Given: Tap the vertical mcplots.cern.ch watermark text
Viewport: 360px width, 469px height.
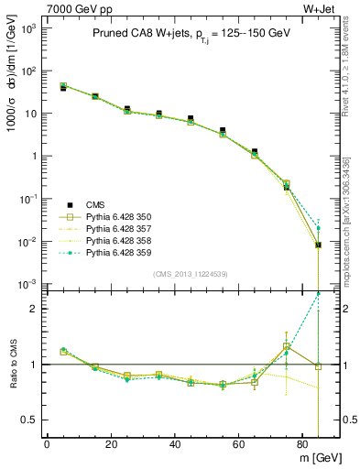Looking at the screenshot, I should point(353,211).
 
